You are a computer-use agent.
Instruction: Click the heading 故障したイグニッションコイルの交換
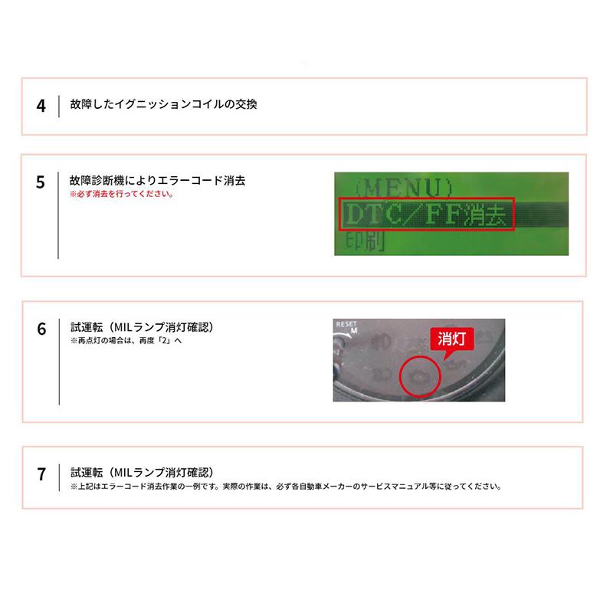[x=163, y=103]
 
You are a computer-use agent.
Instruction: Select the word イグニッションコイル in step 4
[x=170, y=103]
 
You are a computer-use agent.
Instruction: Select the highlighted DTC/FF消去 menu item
[x=426, y=215]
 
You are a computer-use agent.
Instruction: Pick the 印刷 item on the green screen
[x=360, y=243]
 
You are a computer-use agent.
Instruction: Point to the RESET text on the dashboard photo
[x=347, y=325]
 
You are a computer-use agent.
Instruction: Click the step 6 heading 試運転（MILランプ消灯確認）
[x=141, y=326]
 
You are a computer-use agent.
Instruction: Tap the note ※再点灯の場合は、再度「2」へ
[x=126, y=340]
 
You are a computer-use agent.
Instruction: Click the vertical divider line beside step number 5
[x=59, y=215]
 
